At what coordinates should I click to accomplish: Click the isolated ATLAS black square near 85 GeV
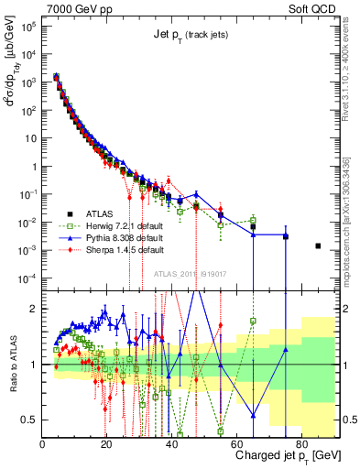318,245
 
